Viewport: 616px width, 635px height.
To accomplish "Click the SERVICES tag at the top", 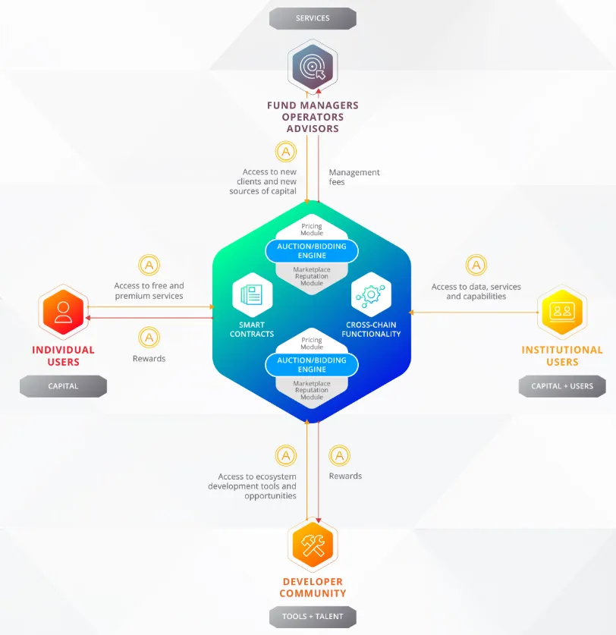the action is [x=313, y=18].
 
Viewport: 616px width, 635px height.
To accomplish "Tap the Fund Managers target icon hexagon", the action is [x=313, y=66].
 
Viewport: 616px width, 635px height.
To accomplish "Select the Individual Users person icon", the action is [x=63, y=312].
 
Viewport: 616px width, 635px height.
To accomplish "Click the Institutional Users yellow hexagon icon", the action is [x=562, y=312].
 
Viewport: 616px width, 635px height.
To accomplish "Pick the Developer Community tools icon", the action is [x=313, y=545].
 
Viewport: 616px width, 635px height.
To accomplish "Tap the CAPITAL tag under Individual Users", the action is [x=63, y=386].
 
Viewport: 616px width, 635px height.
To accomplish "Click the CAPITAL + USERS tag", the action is [x=562, y=386].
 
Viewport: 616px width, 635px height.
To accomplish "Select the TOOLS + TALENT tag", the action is [x=313, y=616].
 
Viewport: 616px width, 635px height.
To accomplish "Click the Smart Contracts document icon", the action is [x=253, y=295].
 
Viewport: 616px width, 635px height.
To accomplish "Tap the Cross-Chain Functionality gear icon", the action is [x=371, y=295].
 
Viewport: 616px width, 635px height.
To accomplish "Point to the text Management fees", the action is [x=354, y=177].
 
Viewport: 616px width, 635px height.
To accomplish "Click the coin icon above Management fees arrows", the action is [x=286, y=152].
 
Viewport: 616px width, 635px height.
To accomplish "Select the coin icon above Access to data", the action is [x=476, y=266].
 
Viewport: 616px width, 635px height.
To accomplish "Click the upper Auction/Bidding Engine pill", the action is [x=312, y=250].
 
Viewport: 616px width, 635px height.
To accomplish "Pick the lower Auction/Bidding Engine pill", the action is [x=312, y=364].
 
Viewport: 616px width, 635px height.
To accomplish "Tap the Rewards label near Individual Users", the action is [x=149, y=358].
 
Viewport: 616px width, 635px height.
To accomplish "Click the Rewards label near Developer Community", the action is [x=345, y=476].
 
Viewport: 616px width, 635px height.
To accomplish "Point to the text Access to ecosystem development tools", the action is [x=252, y=486].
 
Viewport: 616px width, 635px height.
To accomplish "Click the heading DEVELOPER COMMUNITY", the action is [x=313, y=587].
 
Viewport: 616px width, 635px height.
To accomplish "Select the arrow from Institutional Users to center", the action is [x=473, y=313].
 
